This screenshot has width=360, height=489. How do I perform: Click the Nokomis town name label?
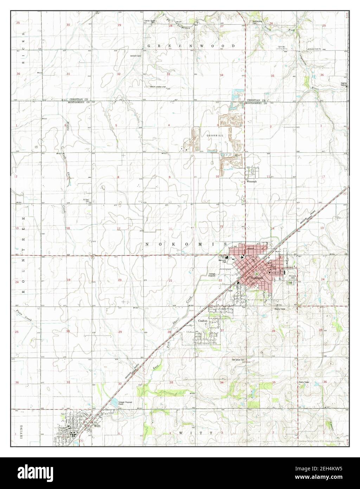click(254, 278)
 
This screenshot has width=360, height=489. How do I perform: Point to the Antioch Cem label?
click(135, 56)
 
